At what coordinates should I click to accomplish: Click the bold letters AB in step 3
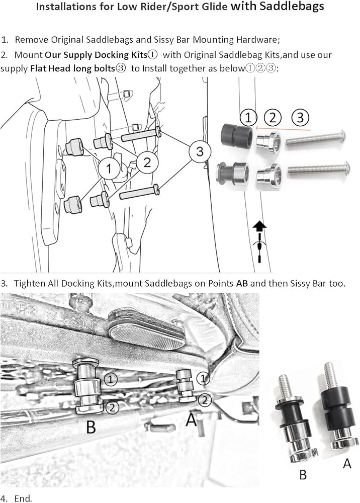pyautogui.click(x=242, y=283)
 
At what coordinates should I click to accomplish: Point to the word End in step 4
pyautogui.click(x=23, y=498)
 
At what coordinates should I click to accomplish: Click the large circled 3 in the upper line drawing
pyautogui.click(x=200, y=152)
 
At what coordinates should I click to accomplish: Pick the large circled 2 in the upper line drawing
pyautogui.click(x=146, y=162)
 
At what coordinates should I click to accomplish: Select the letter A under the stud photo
pyautogui.click(x=347, y=463)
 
